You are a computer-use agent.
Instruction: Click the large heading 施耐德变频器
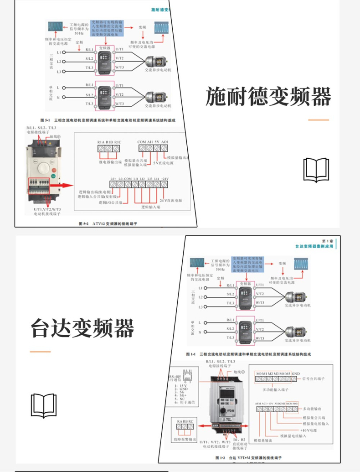(x=268, y=96)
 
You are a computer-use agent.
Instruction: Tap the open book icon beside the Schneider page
(x=316, y=170)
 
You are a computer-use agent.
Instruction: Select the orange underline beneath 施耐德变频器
(x=318, y=120)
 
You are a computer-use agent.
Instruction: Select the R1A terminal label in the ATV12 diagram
(x=101, y=142)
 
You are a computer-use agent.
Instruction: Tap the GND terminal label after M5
(x=296, y=373)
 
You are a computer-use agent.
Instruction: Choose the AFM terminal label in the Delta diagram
(x=258, y=404)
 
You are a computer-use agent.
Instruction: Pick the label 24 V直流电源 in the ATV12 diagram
(x=170, y=201)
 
